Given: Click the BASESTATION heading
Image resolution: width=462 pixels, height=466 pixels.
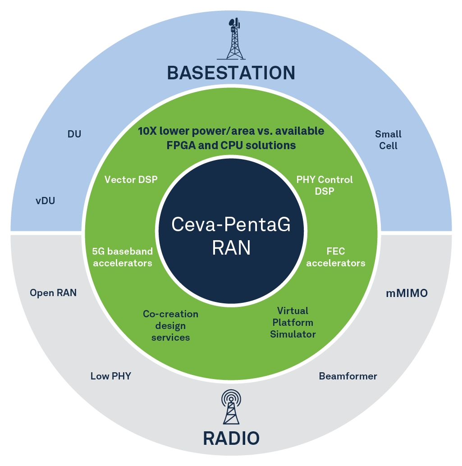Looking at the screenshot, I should (x=231, y=73).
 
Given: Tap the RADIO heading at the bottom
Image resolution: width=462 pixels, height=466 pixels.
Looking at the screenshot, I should (x=231, y=438).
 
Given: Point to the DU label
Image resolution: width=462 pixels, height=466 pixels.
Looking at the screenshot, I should (x=74, y=134).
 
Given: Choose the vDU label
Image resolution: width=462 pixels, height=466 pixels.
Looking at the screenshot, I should (x=45, y=201).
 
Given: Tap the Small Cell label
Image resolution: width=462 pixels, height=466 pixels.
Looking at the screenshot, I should (x=388, y=140).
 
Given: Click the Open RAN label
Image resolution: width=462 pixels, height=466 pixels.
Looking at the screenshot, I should (x=53, y=293).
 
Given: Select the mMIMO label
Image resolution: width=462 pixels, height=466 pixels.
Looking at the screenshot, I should (x=407, y=293).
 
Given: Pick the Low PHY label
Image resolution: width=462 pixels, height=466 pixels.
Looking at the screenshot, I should (x=110, y=376).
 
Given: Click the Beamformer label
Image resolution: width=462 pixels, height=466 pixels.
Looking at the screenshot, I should (x=348, y=376).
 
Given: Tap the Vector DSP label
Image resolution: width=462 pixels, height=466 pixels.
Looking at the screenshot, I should (x=131, y=180).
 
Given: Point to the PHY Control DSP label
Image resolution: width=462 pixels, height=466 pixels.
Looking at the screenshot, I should (x=325, y=185).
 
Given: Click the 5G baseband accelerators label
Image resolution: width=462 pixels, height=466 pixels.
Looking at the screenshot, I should (x=122, y=257).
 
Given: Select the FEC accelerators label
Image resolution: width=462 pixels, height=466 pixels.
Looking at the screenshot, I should (x=336, y=257).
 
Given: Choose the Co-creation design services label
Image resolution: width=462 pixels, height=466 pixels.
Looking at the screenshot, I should (x=170, y=325).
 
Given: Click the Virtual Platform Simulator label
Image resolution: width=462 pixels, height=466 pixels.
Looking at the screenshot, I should (x=293, y=322).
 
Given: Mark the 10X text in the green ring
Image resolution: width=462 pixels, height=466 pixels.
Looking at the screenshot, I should (x=147, y=131).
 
